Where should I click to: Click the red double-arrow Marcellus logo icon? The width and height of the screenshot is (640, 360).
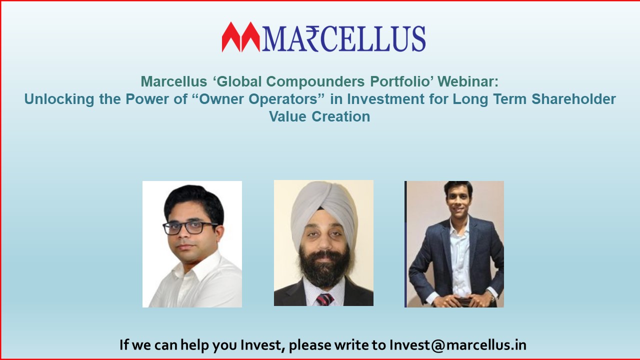click(x=241, y=37)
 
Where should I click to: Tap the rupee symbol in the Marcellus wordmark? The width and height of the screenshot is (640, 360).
click(x=312, y=39)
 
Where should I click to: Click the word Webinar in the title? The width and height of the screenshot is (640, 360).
click(x=468, y=81)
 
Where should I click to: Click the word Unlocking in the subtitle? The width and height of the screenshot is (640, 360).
click(x=59, y=99)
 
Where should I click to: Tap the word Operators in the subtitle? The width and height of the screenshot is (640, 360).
click(x=286, y=99)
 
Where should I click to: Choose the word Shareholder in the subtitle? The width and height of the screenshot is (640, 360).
click(x=573, y=99)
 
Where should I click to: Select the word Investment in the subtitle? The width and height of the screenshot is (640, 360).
click(x=385, y=99)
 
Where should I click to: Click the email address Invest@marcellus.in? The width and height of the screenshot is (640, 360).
click(x=457, y=345)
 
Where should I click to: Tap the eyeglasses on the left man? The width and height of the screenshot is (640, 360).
click(x=189, y=227)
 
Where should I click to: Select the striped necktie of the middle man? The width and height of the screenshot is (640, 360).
click(x=324, y=299)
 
